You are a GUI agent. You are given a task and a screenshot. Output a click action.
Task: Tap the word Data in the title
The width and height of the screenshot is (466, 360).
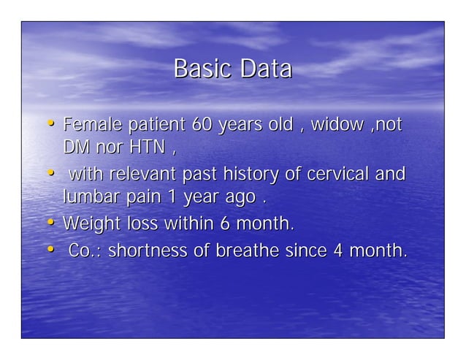click(x=267, y=69)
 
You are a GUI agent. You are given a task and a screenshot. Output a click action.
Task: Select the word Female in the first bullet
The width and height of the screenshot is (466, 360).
click(x=90, y=125)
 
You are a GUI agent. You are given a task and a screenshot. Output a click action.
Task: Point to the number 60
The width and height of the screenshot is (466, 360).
click(x=202, y=125)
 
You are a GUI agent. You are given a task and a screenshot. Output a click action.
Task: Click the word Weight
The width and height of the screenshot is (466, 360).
click(x=89, y=223)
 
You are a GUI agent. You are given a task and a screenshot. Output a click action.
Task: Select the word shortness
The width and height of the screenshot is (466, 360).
click(x=150, y=251)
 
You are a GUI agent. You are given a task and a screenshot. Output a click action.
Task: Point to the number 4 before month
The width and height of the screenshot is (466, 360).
click(x=338, y=251)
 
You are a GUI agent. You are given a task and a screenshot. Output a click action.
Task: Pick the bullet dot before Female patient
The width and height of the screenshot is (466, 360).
click(x=52, y=125)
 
